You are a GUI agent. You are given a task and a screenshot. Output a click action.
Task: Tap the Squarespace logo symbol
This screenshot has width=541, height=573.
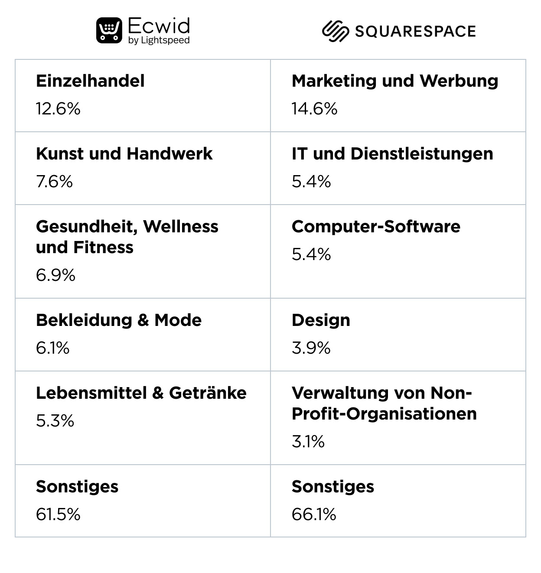[335, 31]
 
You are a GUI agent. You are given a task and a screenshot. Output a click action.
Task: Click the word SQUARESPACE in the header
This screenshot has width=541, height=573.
[415, 31]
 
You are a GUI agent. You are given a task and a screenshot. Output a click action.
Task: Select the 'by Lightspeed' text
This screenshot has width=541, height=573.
[159, 40]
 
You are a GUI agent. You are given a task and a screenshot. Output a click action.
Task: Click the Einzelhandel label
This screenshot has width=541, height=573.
[90, 81]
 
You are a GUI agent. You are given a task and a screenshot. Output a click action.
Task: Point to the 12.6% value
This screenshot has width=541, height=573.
[58, 108]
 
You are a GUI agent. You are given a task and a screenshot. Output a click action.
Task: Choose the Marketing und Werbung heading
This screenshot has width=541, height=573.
[395, 81]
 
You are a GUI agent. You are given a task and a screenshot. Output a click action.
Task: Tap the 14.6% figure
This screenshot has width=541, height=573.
[314, 108]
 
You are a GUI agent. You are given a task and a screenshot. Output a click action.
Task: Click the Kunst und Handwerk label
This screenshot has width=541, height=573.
[124, 154]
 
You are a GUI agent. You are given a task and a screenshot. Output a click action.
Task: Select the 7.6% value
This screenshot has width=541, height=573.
[54, 181]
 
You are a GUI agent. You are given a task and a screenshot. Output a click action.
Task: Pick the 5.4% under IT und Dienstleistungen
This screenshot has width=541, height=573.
[311, 181]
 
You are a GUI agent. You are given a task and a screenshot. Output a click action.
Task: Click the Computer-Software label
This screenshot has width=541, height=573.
[376, 227]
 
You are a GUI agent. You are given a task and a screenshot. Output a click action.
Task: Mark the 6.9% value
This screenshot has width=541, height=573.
[55, 275]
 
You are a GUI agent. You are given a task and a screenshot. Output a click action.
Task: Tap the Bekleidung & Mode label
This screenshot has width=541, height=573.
[119, 320]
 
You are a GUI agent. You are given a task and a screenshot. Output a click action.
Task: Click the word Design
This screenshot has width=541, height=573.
[321, 320]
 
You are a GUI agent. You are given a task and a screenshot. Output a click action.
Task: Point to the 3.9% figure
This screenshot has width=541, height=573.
[311, 348]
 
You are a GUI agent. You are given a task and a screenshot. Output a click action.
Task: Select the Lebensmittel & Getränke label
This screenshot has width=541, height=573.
[141, 393]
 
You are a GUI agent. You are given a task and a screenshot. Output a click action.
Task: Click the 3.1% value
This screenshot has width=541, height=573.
[308, 441]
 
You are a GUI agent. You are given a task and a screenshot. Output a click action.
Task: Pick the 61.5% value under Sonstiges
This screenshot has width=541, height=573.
[58, 514]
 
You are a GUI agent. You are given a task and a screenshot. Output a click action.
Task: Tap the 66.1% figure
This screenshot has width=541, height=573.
[314, 514]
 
